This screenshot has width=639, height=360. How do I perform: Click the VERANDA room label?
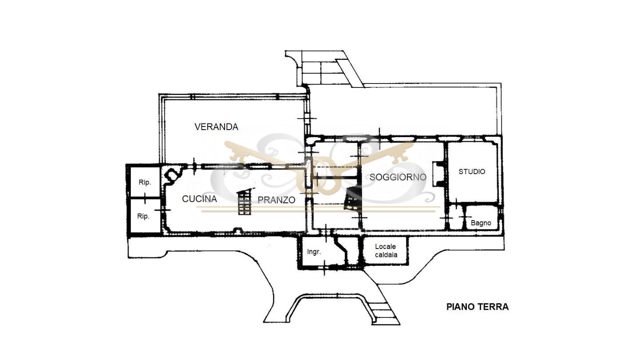pos(216,127)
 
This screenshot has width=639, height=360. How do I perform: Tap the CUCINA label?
pos(199,199)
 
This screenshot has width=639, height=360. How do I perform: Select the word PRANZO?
pos(276,200)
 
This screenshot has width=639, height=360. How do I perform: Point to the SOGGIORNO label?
pos(398,177)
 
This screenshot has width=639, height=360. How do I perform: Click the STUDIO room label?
pos(472,171)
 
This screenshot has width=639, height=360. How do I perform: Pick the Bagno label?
pos(481,223)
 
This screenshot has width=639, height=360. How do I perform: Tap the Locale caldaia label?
pos(386,250)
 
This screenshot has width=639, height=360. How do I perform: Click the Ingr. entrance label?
pos(314,252)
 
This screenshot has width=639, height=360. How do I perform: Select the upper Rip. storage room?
pos(145,182)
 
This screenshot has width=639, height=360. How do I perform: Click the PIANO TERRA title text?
pos(477,307)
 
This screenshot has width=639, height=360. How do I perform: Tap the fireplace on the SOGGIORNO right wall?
pos(438,174)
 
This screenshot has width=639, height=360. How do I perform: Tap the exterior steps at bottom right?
pos(385,310)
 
